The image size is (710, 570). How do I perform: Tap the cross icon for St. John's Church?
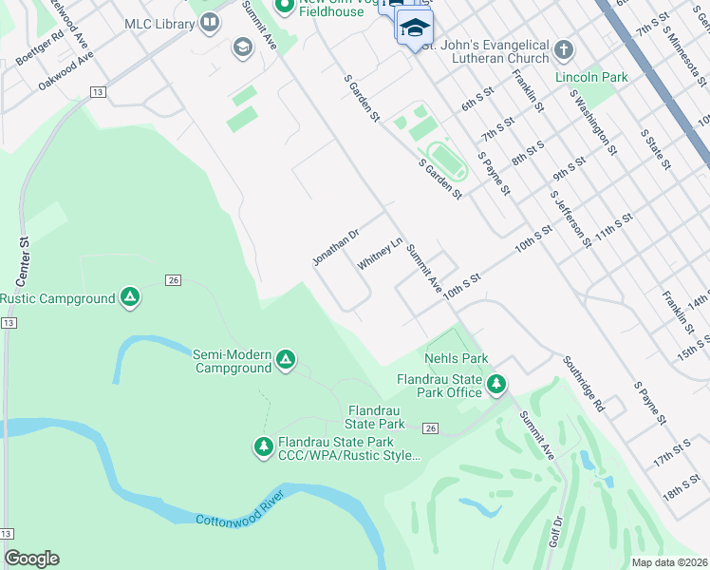point(564,48)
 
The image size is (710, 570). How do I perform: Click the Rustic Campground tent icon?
point(131,298)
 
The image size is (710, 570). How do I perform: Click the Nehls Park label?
point(457,358)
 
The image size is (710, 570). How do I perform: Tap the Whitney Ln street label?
point(381,254)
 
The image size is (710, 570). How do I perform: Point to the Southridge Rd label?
point(583,383)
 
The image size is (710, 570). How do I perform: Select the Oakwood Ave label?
point(66,70)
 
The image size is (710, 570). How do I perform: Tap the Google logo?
point(31,558)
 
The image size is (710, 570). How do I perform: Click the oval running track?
point(446,160)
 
